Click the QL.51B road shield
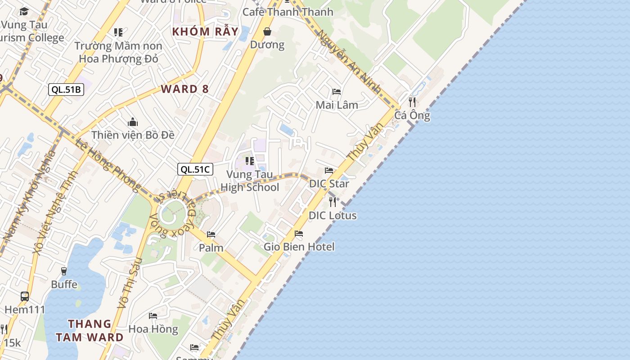click(x=66, y=90)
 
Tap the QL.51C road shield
click(x=195, y=169)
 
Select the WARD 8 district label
click(x=185, y=89)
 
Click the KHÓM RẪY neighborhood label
click(x=198, y=31)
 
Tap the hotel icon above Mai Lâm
click(x=337, y=92)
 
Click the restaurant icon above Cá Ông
click(x=412, y=102)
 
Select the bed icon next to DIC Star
click(x=329, y=171)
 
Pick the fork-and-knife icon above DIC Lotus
click(x=333, y=202)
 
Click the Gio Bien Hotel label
click(x=299, y=247)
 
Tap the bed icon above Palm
click(x=211, y=234)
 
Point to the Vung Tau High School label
click(x=250, y=180)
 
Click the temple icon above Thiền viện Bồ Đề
click(x=132, y=122)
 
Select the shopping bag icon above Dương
click(x=267, y=31)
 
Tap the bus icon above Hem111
click(x=25, y=297)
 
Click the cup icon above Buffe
click(x=64, y=271)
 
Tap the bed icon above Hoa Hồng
click(x=153, y=316)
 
